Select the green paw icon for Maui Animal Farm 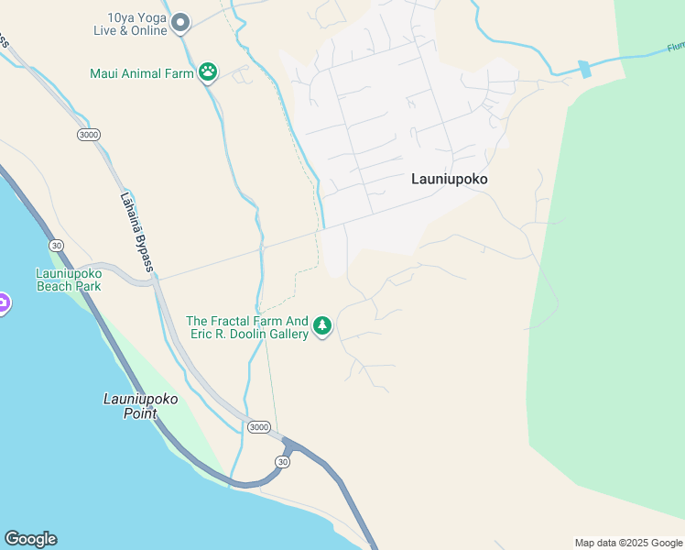tap(208, 72)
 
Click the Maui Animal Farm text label tap(141, 73)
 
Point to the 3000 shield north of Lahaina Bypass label tap(89, 135)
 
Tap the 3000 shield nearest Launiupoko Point tap(259, 427)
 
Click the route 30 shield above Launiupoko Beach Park tap(57, 245)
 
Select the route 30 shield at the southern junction tap(283, 462)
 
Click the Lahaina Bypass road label tap(136, 230)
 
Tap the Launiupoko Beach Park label tap(68, 280)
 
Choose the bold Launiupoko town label tap(449, 180)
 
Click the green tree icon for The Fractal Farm tap(321, 326)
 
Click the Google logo tap(30, 539)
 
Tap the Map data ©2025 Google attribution tap(628, 543)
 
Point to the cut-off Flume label tap(674, 47)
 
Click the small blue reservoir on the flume tap(584, 70)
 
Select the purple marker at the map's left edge tap(3, 303)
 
